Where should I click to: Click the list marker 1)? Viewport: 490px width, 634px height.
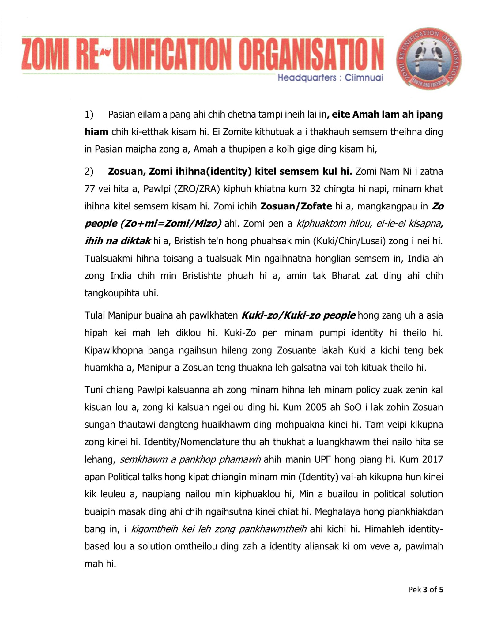click(x=89, y=115)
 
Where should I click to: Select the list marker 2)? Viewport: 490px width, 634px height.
click(x=89, y=171)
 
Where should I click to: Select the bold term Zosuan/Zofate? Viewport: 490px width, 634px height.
click(x=296, y=206)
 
